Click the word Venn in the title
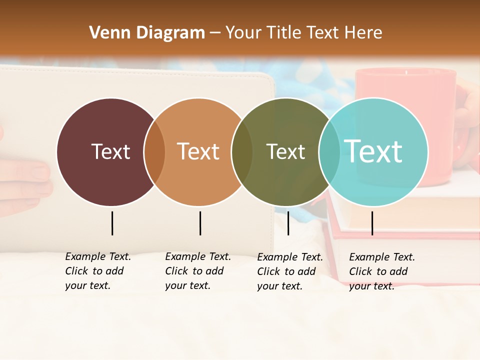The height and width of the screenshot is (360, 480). point(108,32)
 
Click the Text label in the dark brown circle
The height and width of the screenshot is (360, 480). point(110,151)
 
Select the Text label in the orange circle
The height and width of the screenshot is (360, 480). point(198,151)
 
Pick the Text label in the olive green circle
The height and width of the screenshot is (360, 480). point(285,151)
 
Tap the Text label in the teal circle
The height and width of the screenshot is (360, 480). point(373,151)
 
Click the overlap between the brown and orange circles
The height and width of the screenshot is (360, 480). point(154,151)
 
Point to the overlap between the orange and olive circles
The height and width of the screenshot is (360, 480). point(242,151)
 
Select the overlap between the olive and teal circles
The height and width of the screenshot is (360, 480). point(329,151)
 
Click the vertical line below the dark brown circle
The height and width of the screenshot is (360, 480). point(112,223)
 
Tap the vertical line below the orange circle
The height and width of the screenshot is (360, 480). point(200,223)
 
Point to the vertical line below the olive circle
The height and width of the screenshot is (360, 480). point(288,223)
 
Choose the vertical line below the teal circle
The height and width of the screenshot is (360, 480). point(372,223)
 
